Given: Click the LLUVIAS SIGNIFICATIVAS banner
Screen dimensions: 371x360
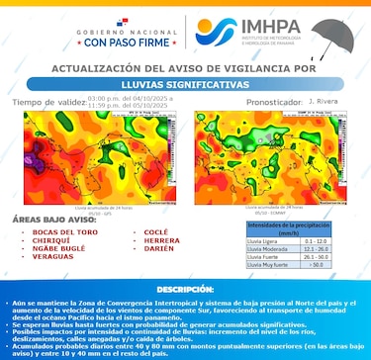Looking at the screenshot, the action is pos(184,85).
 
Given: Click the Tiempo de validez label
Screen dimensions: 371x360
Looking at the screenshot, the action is pos(47,102).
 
